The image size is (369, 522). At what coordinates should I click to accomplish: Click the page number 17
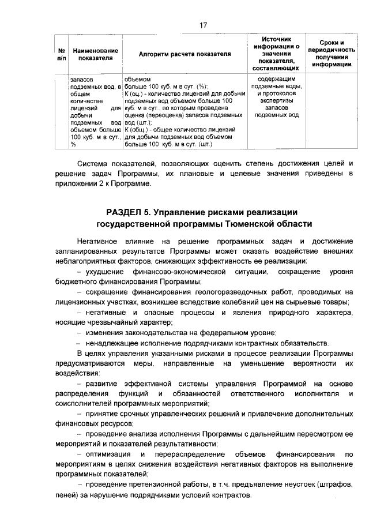pos(203,25)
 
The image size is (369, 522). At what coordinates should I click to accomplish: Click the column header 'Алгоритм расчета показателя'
pos(184,53)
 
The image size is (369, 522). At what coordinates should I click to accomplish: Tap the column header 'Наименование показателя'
pos(92,54)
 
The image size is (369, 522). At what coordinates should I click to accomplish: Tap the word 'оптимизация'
pos(107,455)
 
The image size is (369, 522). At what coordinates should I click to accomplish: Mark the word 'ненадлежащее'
pos(111,344)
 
